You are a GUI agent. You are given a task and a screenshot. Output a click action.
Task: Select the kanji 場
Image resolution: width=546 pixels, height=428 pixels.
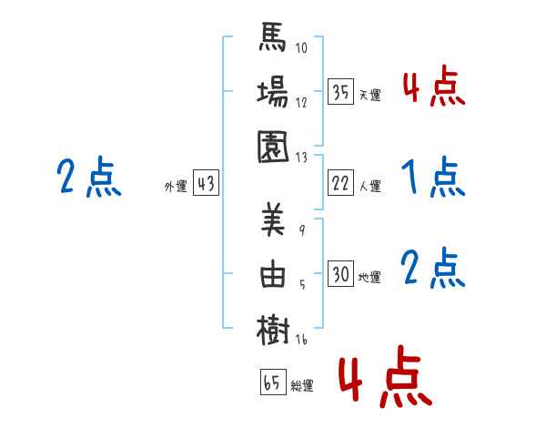(274, 93)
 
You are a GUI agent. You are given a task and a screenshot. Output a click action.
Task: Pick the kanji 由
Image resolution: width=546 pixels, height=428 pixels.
(274, 275)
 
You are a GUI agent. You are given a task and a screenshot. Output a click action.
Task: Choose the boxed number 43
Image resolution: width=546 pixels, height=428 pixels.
(205, 184)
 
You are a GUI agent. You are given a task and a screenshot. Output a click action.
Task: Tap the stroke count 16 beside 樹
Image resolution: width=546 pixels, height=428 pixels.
(302, 340)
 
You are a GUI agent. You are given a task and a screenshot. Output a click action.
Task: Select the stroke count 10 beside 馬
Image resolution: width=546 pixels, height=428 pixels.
(302, 48)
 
